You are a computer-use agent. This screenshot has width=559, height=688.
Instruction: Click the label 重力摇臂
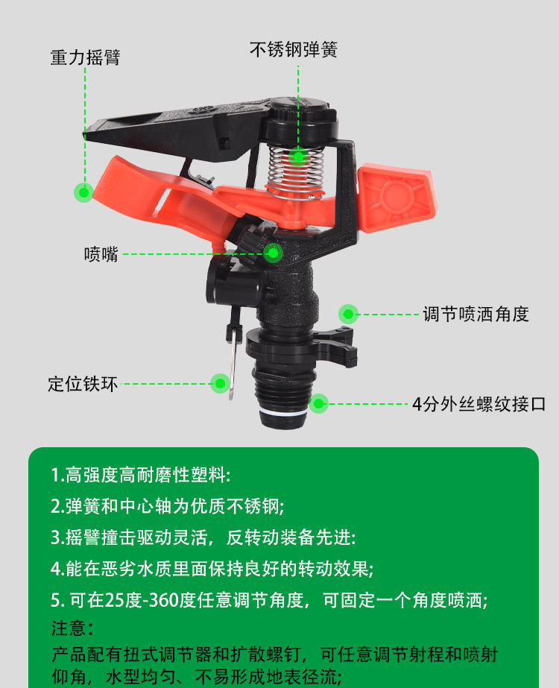[85, 57]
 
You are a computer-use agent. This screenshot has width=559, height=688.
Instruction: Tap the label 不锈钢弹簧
[294, 50]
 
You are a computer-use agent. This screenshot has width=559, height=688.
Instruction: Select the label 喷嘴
[101, 254]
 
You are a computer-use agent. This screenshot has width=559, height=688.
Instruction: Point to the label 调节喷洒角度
[476, 314]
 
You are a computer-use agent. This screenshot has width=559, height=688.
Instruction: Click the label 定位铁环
[83, 384]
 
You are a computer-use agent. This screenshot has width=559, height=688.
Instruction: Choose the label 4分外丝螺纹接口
[479, 404]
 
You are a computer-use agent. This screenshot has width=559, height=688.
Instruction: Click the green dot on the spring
[298, 157]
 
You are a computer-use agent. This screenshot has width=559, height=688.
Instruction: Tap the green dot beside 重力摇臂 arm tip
[83, 192]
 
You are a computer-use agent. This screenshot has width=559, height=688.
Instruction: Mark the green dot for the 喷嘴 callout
[273, 253]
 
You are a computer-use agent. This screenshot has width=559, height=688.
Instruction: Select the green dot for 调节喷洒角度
[348, 314]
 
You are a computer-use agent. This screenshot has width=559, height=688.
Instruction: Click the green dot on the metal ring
[221, 384]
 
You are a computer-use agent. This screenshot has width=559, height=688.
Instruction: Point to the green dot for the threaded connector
[318, 404]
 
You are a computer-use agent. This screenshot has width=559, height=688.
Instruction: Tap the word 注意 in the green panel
[69, 628]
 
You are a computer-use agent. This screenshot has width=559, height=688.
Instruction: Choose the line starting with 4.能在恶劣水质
[212, 569]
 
